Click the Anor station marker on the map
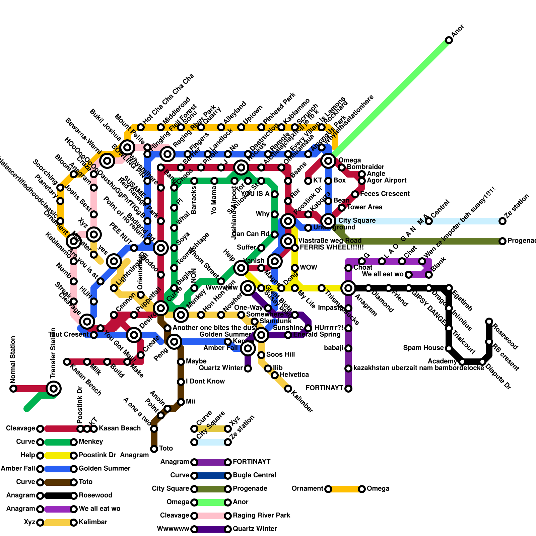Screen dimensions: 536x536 click(x=449, y=40)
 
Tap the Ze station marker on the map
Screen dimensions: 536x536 click(x=503, y=221)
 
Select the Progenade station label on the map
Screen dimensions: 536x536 click(x=521, y=241)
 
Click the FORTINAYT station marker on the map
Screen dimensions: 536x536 click(x=348, y=389)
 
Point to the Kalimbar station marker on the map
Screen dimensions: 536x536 click(x=288, y=389)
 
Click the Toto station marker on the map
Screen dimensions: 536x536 click(x=154, y=449)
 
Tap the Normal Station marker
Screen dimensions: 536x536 click(x=13, y=389)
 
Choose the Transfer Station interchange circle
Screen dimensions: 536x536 click(x=54, y=389)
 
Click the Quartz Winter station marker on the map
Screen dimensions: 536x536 click(x=248, y=368)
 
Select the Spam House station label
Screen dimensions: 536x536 click(x=423, y=348)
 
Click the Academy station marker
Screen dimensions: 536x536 click(x=462, y=362)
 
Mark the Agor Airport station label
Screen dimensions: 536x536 click(x=387, y=181)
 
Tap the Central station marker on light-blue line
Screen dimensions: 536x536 click(x=429, y=221)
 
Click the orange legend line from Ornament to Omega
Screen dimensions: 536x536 click(x=345, y=489)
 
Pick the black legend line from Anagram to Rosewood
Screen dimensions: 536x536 click(x=57, y=496)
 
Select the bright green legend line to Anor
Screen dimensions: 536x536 click(x=211, y=503)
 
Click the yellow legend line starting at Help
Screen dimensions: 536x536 click(x=57, y=456)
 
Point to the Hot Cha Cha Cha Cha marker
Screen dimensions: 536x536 click(x=141, y=127)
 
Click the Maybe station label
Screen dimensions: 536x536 click(x=196, y=361)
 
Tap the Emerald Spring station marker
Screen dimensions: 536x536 click(x=288, y=335)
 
